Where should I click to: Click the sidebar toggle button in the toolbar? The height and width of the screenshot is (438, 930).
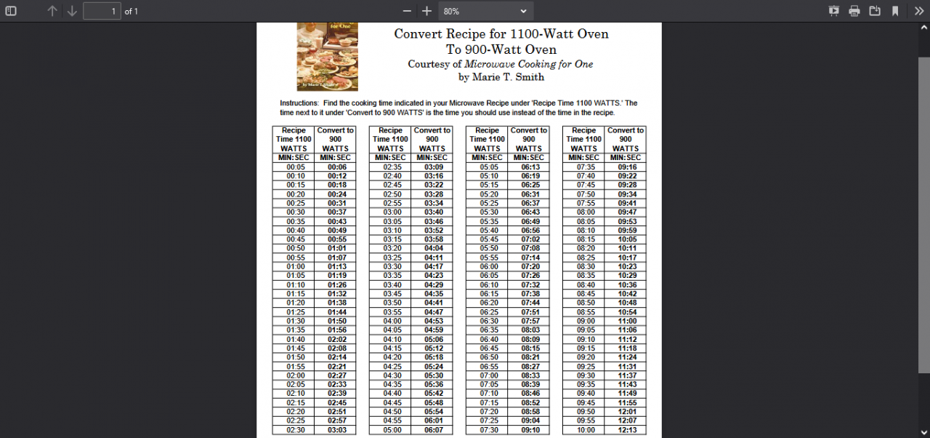point(11,11)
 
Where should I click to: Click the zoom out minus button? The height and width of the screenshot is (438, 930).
point(407,11)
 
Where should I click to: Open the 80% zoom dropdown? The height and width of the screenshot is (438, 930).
point(485,11)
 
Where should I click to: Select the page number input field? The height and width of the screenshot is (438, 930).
point(102,11)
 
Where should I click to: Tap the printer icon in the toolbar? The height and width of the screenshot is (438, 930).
point(854,11)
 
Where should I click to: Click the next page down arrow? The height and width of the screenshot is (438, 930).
point(72,11)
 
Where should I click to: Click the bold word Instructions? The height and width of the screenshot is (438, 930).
point(299,103)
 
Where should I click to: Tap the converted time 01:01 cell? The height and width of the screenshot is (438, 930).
point(336,248)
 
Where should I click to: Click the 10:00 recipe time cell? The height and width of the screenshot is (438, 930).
point(586,430)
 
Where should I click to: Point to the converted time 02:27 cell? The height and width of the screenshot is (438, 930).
point(336,375)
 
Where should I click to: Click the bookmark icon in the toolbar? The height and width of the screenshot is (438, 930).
point(895,11)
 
